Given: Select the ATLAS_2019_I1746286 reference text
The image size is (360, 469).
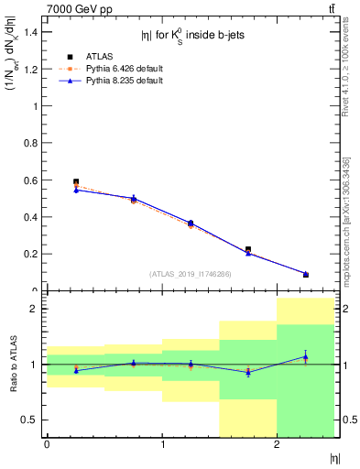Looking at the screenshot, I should [x=190, y=273].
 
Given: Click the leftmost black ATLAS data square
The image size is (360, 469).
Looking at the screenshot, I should [x=76, y=181].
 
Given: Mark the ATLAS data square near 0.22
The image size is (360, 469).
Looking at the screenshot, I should [x=248, y=249].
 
